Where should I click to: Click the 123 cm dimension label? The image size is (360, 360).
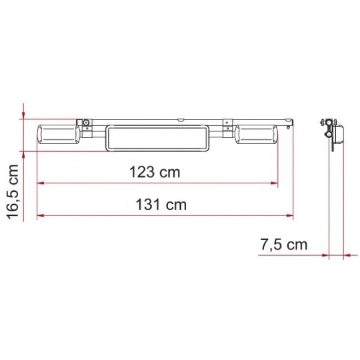(x=155, y=172)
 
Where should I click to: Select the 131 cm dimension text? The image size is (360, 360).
(x=161, y=205)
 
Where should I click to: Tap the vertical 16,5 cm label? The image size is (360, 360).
(x=12, y=192)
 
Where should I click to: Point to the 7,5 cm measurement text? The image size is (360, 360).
(x=284, y=244)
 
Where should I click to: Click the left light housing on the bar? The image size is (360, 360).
(x=59, y=134)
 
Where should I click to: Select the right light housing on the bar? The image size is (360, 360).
(x=257, y=134)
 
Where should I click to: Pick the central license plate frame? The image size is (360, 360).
(x=157, y=138)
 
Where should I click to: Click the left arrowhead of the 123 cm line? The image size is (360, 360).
(x=41, y=183)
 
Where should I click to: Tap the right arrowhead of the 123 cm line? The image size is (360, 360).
(x=275, y=183)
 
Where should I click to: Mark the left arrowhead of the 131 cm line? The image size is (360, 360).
(x=41, y=215)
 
